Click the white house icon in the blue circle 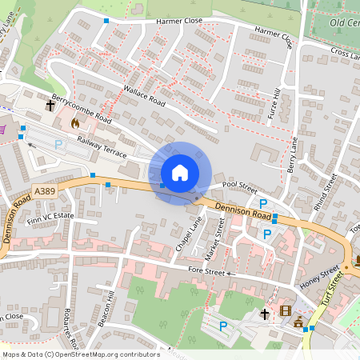click(x=179, y=173)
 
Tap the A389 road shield click(x=46, y=191)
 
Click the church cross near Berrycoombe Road click(x=51, y=105)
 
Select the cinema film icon click(x=286, y=311)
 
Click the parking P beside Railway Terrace click(x=58, y=145)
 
